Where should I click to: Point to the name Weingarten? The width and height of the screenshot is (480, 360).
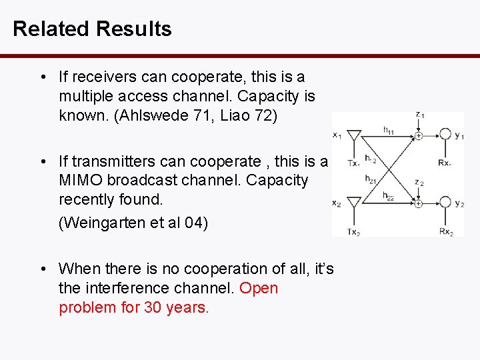(x=99, y=223)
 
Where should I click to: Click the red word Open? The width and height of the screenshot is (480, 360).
(x=259, y=289)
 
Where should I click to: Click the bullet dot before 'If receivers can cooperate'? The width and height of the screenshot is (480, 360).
(x=43, y=77)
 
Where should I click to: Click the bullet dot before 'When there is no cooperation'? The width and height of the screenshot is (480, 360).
(x=43, y=269)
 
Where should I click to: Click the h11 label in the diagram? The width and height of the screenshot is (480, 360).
(x=389, y=131)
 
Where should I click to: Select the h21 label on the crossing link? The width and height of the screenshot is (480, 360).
(x=371, y=179)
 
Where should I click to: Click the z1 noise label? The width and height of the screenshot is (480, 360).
(x=419, y=115)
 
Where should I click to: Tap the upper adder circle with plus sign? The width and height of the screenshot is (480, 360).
(x=418, y=136)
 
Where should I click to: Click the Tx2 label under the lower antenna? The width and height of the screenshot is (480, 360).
(x=353, y=231)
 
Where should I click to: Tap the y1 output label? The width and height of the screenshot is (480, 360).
(x=459, y=137)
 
